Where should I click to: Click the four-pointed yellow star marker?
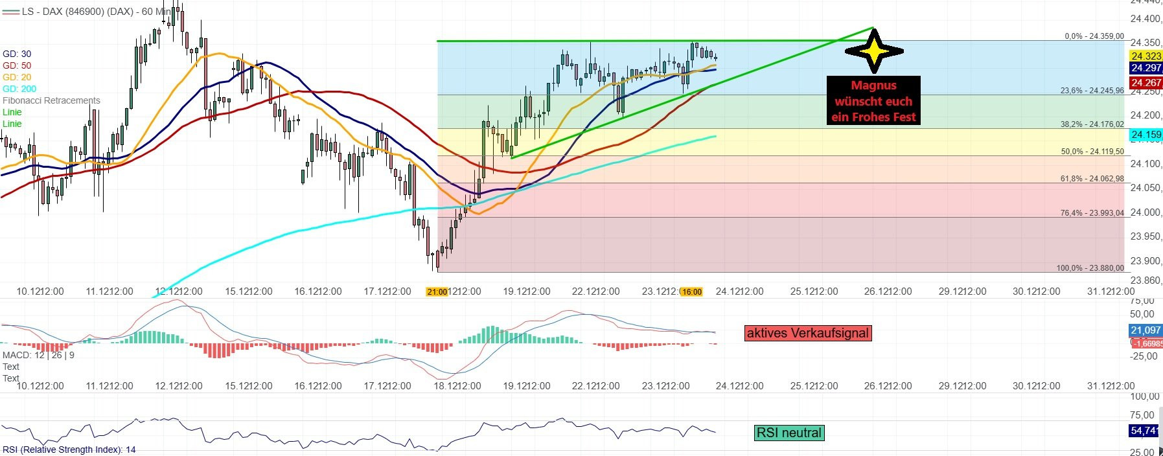click(874, 50)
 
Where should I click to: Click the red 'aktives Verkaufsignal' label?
click(807, 333)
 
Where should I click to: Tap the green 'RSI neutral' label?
click(789, 433)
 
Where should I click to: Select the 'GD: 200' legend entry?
click(19, 89)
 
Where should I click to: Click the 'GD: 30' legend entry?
click(17, 54)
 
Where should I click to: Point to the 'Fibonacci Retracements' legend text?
click(51, 100)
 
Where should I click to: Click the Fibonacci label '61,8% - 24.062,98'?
click(1092, 178)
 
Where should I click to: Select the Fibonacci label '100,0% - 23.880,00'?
click(1090, 268)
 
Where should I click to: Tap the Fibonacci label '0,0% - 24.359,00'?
click(1094, 36)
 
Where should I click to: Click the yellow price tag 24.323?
click(1146, 56)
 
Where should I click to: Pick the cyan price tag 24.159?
click(1146, 135)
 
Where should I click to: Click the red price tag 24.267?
click(1146, 82)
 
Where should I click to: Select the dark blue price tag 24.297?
click(1146, 68)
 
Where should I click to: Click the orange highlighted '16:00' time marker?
click(691, 291)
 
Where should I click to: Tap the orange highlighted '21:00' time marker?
click(437, 291)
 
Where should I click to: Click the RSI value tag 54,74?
click(1144, 431)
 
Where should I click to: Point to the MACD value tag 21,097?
click(1145, 330)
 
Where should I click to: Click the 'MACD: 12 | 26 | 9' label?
click(38, 355)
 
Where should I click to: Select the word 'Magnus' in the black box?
click(873, 85)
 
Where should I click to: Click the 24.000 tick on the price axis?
click(1145, 212)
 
